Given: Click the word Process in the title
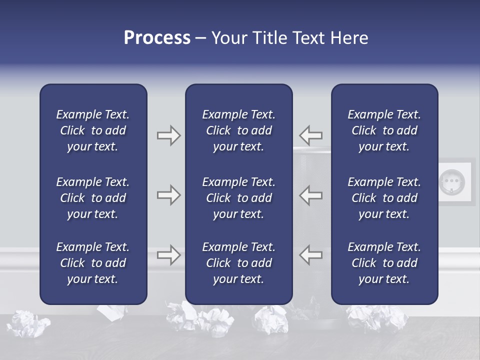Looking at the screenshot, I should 157,38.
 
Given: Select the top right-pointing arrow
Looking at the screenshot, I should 168,135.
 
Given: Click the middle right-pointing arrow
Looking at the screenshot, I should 168,195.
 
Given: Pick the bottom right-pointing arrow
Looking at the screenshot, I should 168,254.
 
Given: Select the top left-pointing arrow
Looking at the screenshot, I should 311,135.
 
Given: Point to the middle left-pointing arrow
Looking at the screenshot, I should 311,195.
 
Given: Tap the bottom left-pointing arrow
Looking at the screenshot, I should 311,254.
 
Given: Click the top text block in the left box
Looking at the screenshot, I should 93,130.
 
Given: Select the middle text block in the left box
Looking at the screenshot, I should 93,198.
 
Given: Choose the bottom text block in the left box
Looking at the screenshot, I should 93,263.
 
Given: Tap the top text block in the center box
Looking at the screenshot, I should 238,130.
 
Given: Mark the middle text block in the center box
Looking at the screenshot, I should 238,198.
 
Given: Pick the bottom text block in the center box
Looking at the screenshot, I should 238,263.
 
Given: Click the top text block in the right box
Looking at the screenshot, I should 384,130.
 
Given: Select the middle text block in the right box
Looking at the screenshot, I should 384,198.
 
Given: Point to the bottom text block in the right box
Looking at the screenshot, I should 384,263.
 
